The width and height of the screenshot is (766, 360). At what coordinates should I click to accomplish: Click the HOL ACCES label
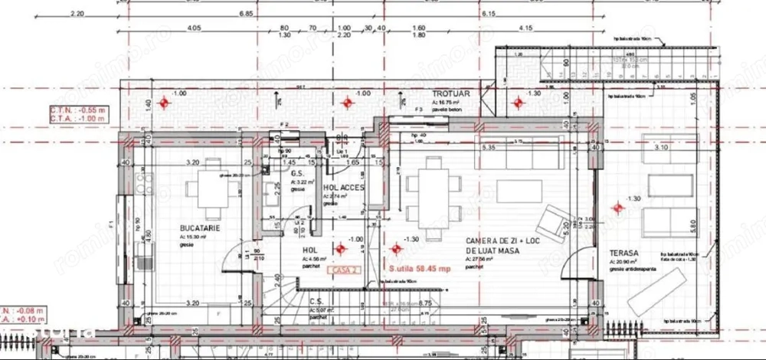pyautogui.click(x=343, y=188)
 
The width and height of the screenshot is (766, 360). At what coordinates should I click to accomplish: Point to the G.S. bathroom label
pyautogui.click(x=299, y=173)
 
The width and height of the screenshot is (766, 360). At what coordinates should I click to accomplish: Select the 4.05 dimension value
pyautogui.click(x=194, y=28)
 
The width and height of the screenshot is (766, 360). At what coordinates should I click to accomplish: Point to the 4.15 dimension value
pyautogui.click(x=525, y=28)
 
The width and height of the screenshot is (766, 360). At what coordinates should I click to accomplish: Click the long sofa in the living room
pyautogui.click(x=521, y=150)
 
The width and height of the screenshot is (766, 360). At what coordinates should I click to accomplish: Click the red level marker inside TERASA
pyautogui.click(x=617, y=206)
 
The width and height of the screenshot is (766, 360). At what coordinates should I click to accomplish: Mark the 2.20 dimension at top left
pyautogui.click(x=77, y=14)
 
